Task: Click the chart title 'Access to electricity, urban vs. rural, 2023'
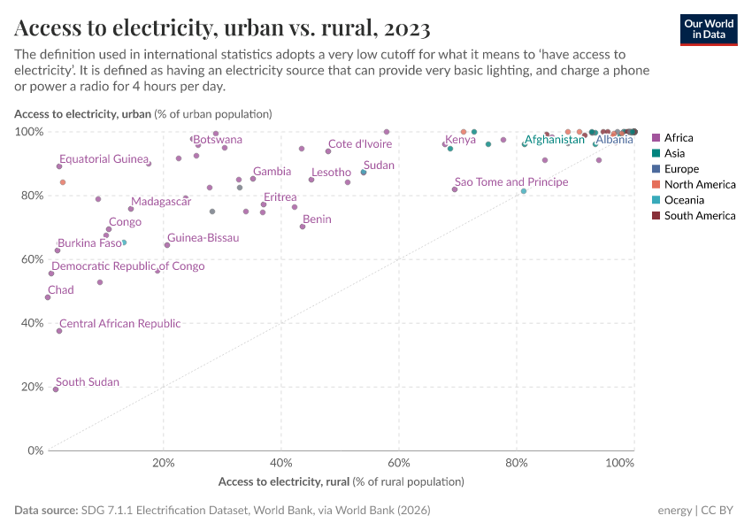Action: pyautogui.click(x=222, y=28)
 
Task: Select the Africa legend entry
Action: pyautogui.click(x=678, y=137)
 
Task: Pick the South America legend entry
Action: pyautogui.click(x=699, y=216)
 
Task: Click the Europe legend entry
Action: pyautogui.click(x=681, y=169)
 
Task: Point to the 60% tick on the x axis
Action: pyautogui.click(x=399, y=463)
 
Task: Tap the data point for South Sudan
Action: pyautogui.click(x=56, y=389)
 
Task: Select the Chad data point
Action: pyautogui.click(x=48, y=297)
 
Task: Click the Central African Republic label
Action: pyautogui.click(x=119, y=324)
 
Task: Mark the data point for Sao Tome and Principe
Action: pyautogui.click(x=455, y=189)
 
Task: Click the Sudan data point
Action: pyautogui.click(x=364, y=173)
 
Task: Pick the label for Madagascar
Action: pyautogui.click(x=161, y=202)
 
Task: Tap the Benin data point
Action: pyautogui.click(x=303, y=227)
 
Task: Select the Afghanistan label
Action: pyautogui.click(x=555, y=140)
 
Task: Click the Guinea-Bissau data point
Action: pyautogui.click(x=167, y=245)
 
